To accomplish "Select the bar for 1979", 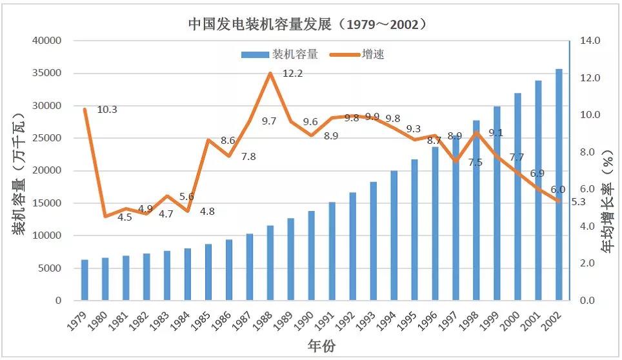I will click(85, 280).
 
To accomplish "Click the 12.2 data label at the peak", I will click(292, 74).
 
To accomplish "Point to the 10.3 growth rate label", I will click(107, 110).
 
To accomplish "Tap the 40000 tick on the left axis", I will click(46, 41).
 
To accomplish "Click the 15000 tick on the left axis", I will click(46, 203).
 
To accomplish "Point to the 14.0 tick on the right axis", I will click(590, 41).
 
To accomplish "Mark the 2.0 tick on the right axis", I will click(590, 263).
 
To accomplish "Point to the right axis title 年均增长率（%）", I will click(607, 204).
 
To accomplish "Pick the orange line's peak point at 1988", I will click(270, 73).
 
